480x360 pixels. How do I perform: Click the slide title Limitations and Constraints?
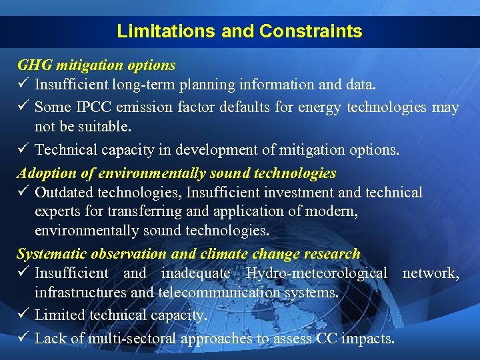coord(239,31)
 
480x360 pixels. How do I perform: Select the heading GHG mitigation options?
coord(96,65)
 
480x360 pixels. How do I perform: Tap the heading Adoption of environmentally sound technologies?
coord(177,173)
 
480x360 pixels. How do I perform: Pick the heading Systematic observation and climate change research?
coord(188,254)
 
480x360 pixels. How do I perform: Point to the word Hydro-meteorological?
coord(316,273)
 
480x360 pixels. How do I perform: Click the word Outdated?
coord(64,193)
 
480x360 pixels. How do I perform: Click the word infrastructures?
coord(75,292)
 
